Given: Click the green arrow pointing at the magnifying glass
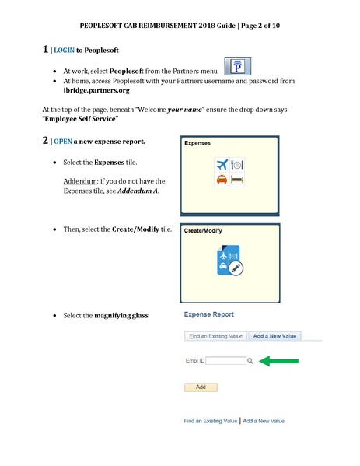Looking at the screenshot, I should click(x=279, y=360).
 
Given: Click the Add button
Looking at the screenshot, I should click(x=201, y=387).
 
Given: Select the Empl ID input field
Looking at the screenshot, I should click(x=225, y=361).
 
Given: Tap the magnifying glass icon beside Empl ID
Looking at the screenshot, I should click(x=250, y=361).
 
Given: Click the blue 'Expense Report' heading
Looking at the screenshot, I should click(x=209, y=314).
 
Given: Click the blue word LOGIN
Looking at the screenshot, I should click(x=65, y=51).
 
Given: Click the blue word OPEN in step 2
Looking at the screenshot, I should click(x=64, y=143).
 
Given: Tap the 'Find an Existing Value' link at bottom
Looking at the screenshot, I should click(x=211, y=421).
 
